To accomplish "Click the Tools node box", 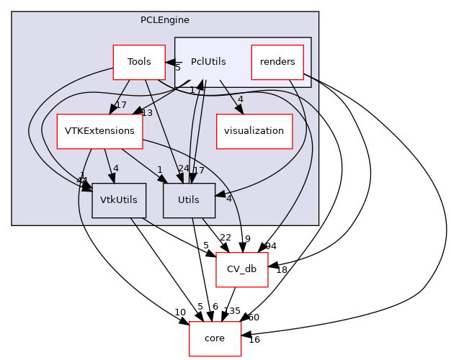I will pos(139,62).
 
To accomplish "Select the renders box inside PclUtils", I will pos(277,62).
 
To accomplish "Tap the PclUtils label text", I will pos(208,62).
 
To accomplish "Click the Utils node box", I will pos(189,200).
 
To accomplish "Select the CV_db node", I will pos(242,269).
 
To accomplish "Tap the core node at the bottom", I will pos(215,338).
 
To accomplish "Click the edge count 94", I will pos(270,246).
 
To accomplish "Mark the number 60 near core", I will pos(254,318).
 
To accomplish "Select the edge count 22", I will pos(225,238).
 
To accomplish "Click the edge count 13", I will pos(147,112).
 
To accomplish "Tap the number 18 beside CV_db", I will pos(282,270).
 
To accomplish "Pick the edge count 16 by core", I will pos(254,340).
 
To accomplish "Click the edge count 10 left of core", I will pos(179,312).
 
